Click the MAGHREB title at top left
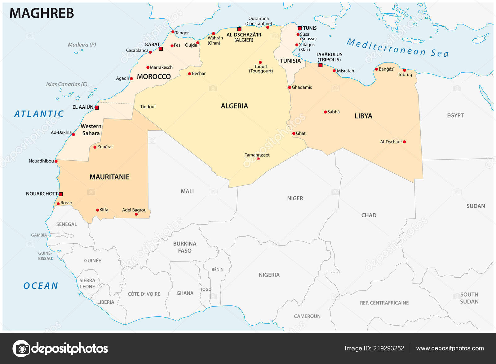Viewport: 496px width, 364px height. pos(42,13)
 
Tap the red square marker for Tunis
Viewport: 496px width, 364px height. pos(300,28)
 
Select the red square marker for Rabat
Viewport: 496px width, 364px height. pos(161,49)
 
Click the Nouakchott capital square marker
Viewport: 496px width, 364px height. pos(61,194)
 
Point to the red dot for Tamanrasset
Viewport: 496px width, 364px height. pos(258,159)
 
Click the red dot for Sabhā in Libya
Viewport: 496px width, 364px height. pos(325,112)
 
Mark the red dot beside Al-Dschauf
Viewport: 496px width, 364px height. pos(404,142)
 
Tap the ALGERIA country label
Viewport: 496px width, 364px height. pos(234,106)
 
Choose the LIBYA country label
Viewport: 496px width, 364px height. pos(363,116)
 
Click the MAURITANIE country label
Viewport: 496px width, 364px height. pos(109,177)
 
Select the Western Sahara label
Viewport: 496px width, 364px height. pos(91,130)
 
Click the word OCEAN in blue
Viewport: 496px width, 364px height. pos(41,286)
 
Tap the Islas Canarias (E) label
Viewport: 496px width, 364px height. pos(67,84)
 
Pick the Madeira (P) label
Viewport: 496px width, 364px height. pos(82,45)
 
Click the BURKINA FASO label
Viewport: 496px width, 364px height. pos(185,247)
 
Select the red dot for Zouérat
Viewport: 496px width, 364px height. pos(95,147)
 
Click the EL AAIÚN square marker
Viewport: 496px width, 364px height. pos(97,108)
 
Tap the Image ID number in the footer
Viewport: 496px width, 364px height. pos(388,348)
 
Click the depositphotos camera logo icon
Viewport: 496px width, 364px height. pos(21,349)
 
